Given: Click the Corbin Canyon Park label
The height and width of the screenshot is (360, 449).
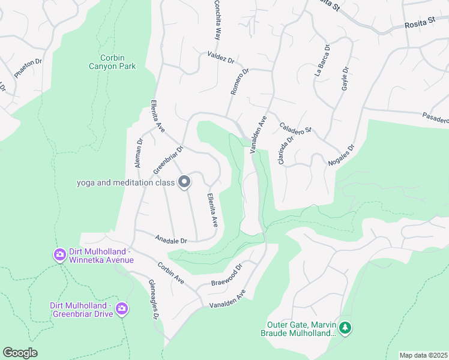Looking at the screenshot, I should [x=113, y=62].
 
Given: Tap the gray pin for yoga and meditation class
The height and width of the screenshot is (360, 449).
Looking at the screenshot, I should [x=184, y=182].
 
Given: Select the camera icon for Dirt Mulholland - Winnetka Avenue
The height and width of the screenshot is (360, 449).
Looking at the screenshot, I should [x=59, y=255].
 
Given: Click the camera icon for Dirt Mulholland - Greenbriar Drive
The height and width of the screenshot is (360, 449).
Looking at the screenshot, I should [x=122, y=309].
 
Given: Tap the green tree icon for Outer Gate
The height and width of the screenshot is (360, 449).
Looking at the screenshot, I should [x=345, y=328].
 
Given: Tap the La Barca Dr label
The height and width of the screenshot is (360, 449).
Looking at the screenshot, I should [x=322, y=60].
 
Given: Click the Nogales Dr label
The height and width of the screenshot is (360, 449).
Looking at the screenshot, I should [x=342, y=155].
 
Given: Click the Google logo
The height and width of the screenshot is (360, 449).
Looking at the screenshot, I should [x=20, y=352].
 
